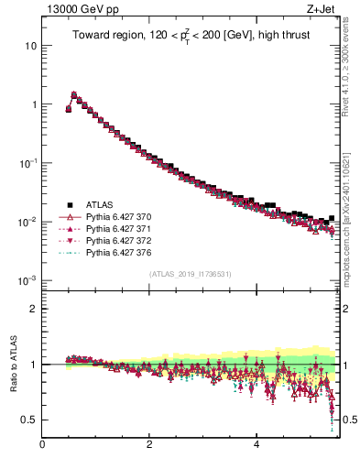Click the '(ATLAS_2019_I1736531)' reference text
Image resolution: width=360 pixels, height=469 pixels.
[x=190, y=274]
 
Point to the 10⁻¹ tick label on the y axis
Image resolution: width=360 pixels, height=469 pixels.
[x=27, y=163]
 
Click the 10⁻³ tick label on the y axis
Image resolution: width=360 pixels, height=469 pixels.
[x=27, y=280]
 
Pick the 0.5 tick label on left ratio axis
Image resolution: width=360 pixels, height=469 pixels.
[x=28, y=420]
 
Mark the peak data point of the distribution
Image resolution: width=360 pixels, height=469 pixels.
[x=73, y=93]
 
